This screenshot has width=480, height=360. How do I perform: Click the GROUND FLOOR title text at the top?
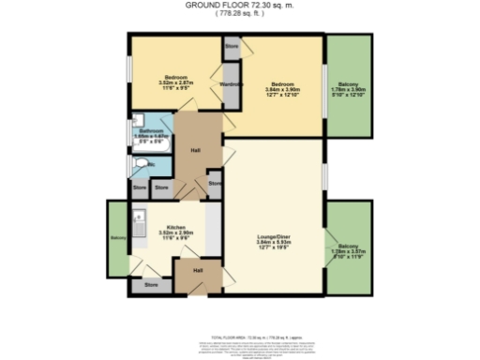click(x=240, y=5)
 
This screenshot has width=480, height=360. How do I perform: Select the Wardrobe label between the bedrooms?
click(x=232, y=84)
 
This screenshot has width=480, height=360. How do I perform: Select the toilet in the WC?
click(x=141, y=165)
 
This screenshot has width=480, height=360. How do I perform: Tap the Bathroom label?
click(x=150, y=130)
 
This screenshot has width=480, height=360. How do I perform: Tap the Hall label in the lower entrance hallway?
click(x=198, y=270)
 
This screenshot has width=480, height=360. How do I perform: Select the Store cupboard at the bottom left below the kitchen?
click(x=150, y=283)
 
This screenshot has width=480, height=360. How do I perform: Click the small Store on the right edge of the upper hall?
click(x=215, y=182)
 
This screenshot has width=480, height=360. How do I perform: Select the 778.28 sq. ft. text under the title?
click(x=240, y=14)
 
